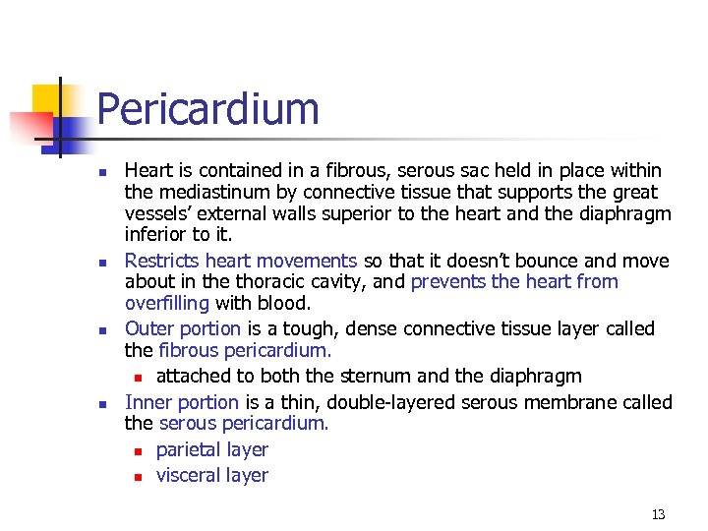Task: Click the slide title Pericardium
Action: pyautogui.click(x=208, y=109)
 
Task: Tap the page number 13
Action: pyautogui.click(x=658, y=514)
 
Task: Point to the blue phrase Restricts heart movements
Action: pyautogui.click(x=241, y=261)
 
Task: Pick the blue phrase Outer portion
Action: pyautogui.click(x=183, y=328)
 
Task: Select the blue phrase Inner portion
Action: pyautogui.click(x=182, y=402)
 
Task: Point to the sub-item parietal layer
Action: pyautogui.click(x=212, y=449)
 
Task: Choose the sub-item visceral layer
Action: pyautogui.click(x=212, y=475)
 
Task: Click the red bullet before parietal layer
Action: pyautogui.click(x=139, y=451)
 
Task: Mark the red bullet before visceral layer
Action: pyautogui.click(x=139, y=477)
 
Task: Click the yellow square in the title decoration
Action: pyautogui.click(x=46, y=98)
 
